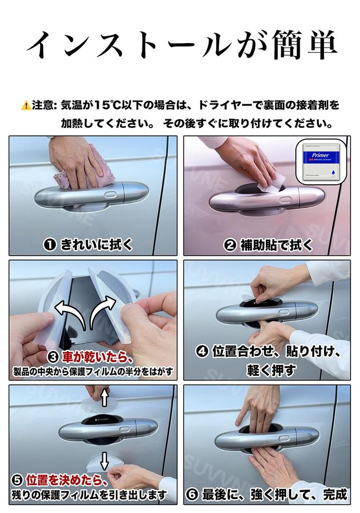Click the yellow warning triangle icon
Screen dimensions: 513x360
coord(25,106)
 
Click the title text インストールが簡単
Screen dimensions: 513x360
coord(180,46)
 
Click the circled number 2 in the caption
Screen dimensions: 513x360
coord(230,244)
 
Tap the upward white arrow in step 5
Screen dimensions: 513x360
coord(104,398)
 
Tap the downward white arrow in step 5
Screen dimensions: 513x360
coord(104,459)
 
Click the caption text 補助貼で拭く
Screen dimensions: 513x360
coord(276,244)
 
